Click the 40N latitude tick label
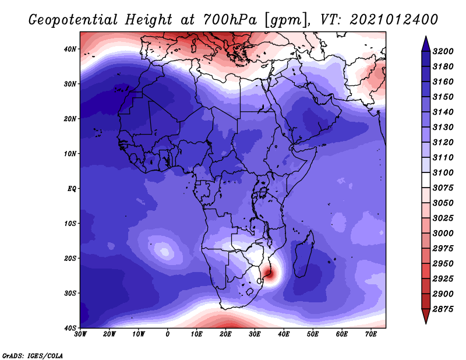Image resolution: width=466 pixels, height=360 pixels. (x=70, y=49)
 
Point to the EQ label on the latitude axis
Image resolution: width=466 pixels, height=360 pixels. (x=72, y=189)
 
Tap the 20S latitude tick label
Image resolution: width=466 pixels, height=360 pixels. (x=70, y=258)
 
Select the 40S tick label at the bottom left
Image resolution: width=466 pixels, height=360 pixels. (x=70, y=328)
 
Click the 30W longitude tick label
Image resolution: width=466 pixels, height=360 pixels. (x=80, y=334)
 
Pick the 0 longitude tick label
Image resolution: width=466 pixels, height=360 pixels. (x=168, y=334)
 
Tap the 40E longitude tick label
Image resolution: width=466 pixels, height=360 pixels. (x=284, y=334)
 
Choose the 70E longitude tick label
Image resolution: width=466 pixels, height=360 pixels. (x=371, y=334)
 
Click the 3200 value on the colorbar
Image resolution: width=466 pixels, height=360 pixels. (x=443, y=51)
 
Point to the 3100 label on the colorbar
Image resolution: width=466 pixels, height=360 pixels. (x=443, y=172)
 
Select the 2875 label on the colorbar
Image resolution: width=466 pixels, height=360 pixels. (x=443, y=309)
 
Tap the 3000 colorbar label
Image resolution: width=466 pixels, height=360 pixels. (x=443, y=234)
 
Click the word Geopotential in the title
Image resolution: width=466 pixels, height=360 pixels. (x=73, y=20)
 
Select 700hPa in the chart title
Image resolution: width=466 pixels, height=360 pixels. (x=230, y=20)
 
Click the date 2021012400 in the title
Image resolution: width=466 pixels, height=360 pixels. (x=394, y=20)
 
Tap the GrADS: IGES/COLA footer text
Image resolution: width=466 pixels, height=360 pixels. (x=33, y=355)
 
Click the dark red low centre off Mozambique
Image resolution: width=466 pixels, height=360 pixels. (x=269, y=273)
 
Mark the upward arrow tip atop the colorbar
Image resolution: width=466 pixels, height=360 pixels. (x=426, y=37)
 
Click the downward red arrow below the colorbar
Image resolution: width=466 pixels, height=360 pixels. (x=426, y=316)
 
